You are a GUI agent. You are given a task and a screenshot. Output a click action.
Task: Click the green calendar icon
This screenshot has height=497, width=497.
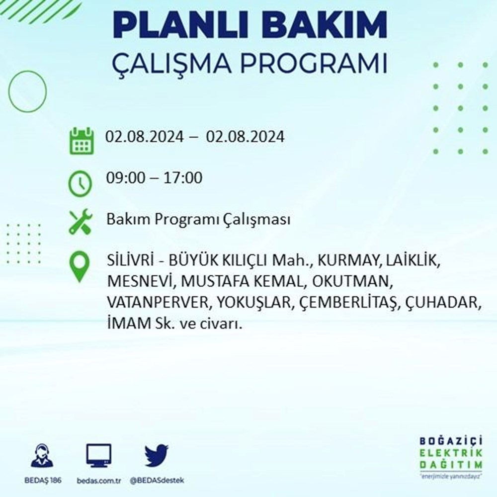coord(82,141)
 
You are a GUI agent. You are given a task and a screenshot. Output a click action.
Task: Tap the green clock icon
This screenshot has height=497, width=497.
coord(80,183)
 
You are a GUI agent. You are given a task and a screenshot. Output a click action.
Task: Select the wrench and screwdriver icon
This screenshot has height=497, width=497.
coord(81,222)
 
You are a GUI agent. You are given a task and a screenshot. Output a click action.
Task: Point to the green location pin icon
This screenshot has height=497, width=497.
coord(80,266)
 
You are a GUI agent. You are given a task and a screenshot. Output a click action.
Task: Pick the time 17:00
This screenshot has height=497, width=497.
coord(183,177)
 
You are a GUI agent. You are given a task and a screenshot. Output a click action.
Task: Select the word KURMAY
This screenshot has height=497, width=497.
coord(348,260)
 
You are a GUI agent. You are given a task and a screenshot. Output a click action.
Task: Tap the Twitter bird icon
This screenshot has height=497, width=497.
coord(157,455)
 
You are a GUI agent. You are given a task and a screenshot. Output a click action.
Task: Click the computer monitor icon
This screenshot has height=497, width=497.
coord(99,456)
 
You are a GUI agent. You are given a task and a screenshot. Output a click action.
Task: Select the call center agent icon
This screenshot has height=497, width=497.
coord(42,456)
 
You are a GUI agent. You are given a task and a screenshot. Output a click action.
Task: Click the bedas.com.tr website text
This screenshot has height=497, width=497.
coord(99,481)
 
